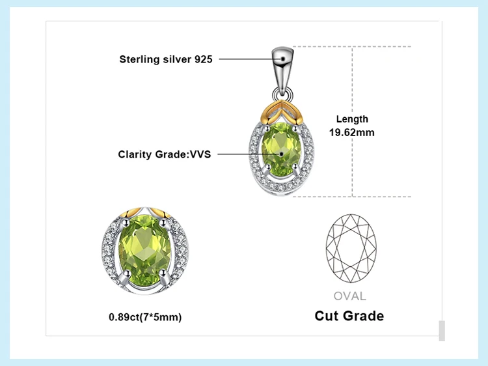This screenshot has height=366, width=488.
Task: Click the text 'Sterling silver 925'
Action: [x=165, y=59]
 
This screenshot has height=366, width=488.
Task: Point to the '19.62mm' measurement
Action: [x=352, y=132]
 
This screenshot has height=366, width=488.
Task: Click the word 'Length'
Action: [x=352, y=119]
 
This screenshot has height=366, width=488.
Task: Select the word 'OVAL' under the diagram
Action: [x=349, y=296]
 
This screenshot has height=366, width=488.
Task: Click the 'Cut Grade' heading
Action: [x=349, y=317]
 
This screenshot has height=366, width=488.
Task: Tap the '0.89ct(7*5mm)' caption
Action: [x=145, y=317]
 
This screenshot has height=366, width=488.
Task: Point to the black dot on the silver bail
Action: [x=282, y=59]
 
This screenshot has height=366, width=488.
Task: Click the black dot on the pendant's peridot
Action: [x=282, y=154]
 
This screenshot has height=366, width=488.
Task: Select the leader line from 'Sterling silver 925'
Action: [x=247, y=59]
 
